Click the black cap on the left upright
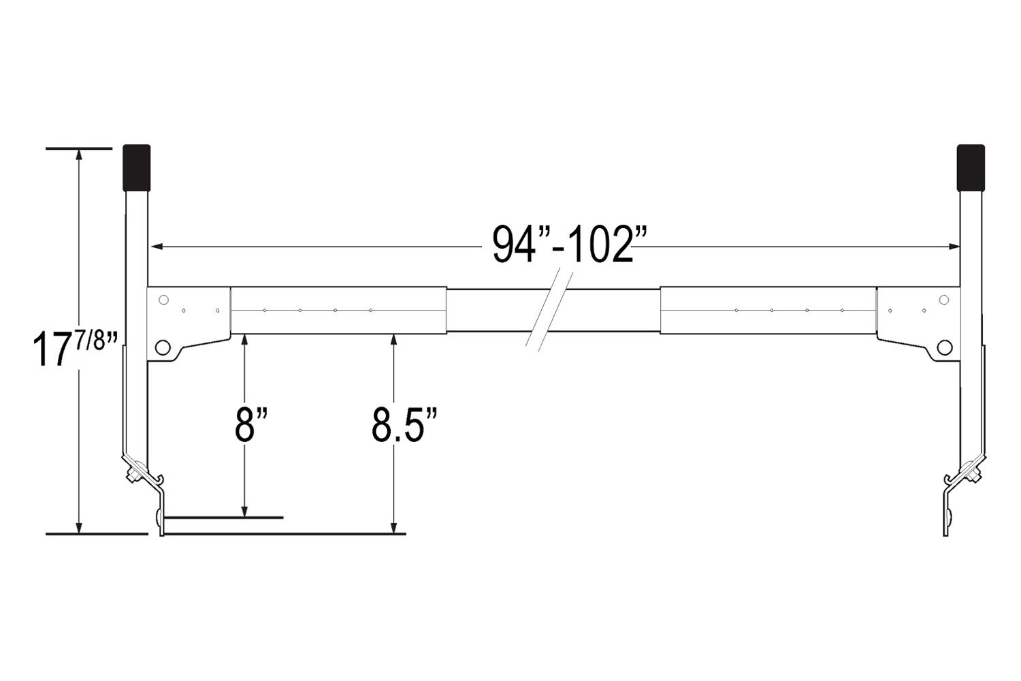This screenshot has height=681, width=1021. [x=137, y=168]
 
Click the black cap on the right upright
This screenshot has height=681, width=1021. [x=971, y=168]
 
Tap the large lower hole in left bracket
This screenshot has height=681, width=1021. [x=162, y=347]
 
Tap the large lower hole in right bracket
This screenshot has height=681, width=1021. [x=945, y=347]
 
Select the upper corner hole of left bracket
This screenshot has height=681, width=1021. [x=163, y=300]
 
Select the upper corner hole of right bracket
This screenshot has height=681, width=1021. [x=944, y=300]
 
